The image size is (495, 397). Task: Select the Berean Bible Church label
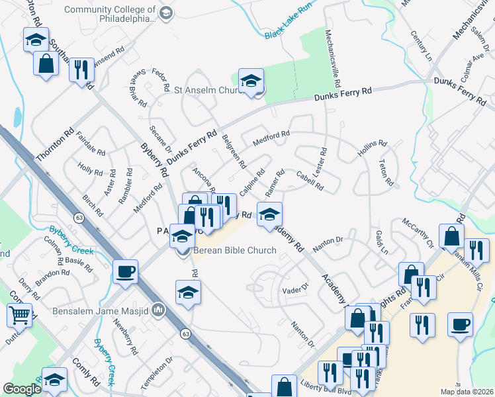coord(229,251)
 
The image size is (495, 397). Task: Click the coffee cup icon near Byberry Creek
coord(125,271)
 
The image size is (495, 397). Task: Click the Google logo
coord(22,389)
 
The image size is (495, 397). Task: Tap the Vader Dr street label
coord(296,288)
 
